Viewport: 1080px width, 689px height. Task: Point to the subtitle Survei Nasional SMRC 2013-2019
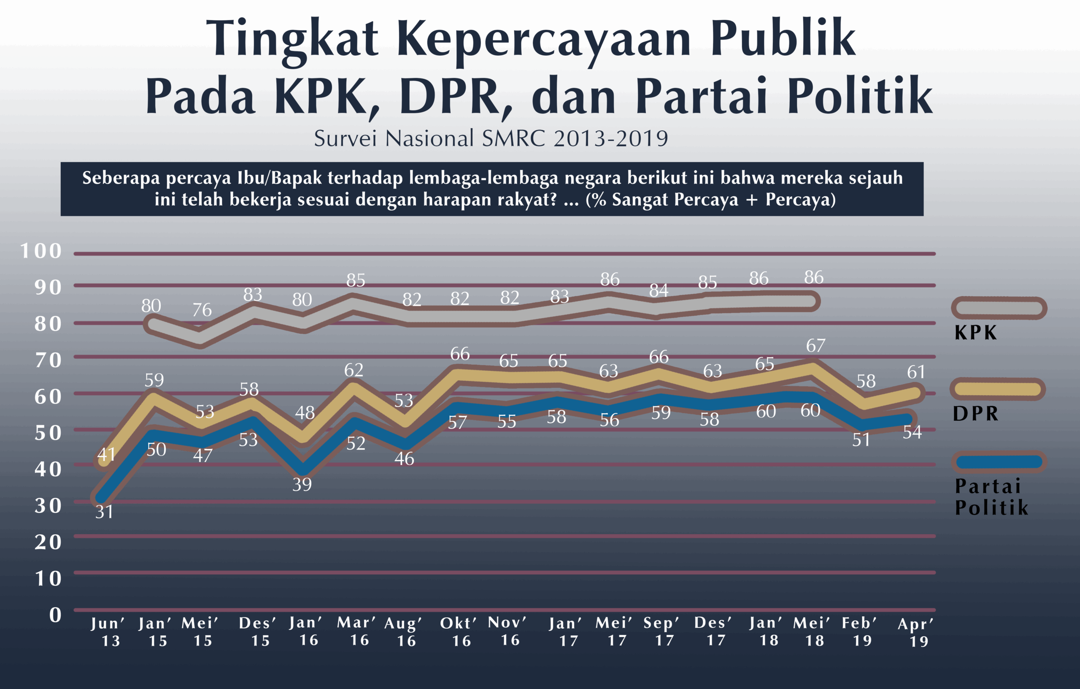[491, 139]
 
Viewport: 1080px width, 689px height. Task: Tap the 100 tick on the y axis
[41, 251]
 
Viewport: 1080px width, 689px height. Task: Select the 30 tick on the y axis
[48, 506]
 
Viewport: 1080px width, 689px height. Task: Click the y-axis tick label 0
[55, 615]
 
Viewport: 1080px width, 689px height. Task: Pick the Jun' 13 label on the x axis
[108, 632]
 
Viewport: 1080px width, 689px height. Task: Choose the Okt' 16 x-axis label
[459, 632]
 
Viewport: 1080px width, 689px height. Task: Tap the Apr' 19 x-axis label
[915, 632]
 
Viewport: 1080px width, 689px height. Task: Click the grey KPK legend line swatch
[999, 308]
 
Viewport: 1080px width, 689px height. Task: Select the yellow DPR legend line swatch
[997, 389]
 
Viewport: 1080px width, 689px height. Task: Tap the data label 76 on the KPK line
[202, 310]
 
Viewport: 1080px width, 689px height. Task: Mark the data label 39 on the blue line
[302, 484]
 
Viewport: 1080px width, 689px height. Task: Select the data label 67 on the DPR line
[815, 346]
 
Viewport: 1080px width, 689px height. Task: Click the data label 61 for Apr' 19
[916, 372]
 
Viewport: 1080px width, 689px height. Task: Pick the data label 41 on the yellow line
[106, 455]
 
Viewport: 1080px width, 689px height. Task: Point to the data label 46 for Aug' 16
[404, 459]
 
